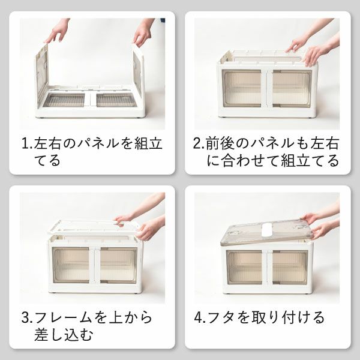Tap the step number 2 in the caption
[x=197, y=145]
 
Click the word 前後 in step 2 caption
[x=221, y=145]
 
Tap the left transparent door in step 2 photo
[x=242, y=88]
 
